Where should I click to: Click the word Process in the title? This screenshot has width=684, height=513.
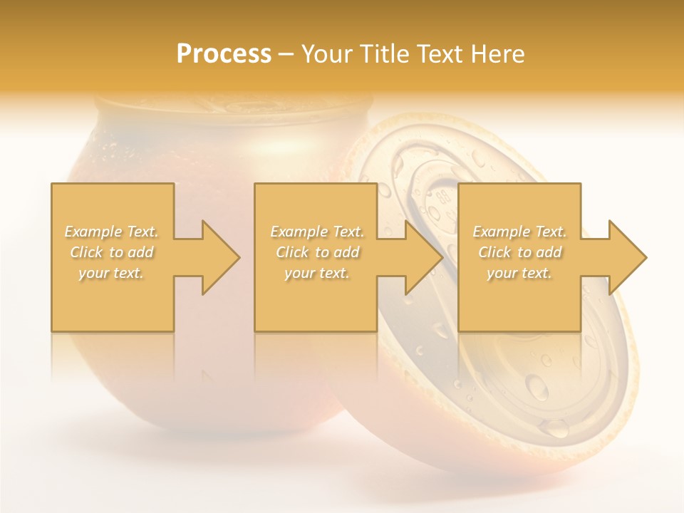[x=224, y=54]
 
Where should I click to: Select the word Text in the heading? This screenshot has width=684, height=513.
[x=440, y=54]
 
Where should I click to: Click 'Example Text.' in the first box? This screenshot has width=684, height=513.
[x=112, y=232]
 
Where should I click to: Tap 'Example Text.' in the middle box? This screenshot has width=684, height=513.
[x=317, y=232]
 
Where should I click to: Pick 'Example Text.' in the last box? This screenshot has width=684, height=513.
[x=519, y=232]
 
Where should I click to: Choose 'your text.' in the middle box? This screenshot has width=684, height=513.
[x=317, y=273]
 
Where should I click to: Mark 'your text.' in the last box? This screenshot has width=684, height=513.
[x=519, y=273]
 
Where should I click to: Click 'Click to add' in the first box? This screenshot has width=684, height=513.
[x=112, y=252]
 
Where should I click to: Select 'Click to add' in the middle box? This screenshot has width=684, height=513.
[x=317, y=252]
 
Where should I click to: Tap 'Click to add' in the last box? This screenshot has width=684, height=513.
[x=519, y=252]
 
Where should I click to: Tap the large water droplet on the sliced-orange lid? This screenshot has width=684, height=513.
[x=535, y=386]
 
